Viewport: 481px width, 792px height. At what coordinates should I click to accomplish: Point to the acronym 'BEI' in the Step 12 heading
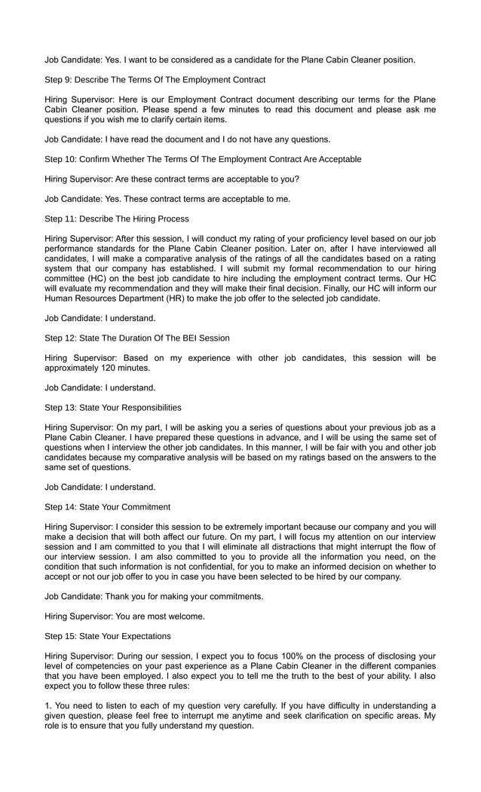point(192,338)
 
